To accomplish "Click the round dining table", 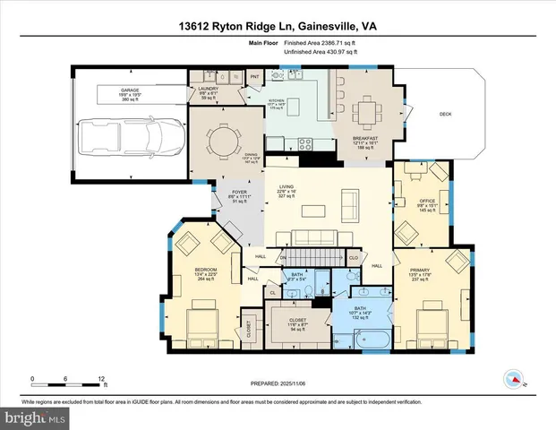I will (x=222, y=141).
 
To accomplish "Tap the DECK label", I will (x=444, y=114).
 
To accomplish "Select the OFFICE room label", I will (x=427, y=201).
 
